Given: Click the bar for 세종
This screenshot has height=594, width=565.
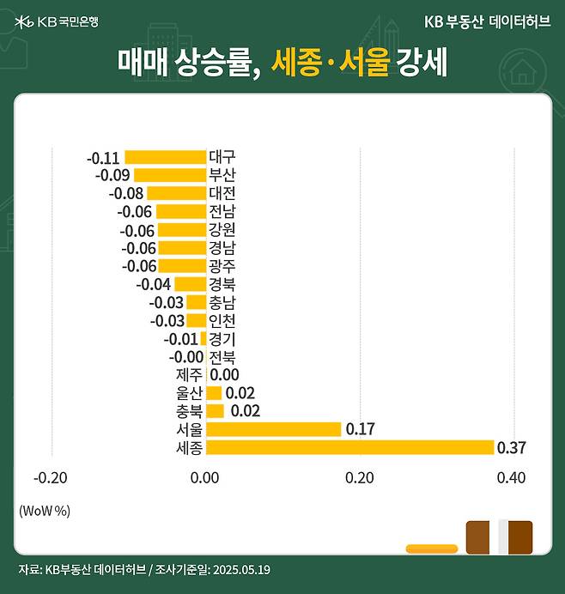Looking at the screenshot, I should click(x=350, y=447).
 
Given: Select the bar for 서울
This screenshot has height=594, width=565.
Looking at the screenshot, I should click(x=274, y=429).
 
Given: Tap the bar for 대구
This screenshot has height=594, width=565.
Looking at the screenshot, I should click(x=165, y=157).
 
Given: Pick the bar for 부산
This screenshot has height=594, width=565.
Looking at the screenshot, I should click(x=169, y=175).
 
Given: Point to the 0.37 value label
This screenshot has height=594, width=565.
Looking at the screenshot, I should click(x=512, y=447).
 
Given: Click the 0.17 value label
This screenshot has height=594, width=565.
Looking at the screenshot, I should click(x=359, y=429).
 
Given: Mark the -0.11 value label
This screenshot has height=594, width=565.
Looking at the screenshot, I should click(x=103, y=158).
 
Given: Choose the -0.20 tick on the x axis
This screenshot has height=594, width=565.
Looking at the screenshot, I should click(x=50, y=478).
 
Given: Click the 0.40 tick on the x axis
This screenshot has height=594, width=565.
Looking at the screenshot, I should click(x=511, y=478).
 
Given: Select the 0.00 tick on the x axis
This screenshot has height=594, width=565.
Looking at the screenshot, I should click(x=206, y=478).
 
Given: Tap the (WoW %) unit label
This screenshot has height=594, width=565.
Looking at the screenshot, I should click(x=45, y=510).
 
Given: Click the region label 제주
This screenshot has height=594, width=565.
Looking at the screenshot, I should click(x=189, y=375).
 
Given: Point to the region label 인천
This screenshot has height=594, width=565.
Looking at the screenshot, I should click(x=222, y=320).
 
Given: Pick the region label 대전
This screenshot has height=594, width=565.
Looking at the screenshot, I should click(x=222, y=193).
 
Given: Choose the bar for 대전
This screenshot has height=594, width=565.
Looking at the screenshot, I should click(x=177, y=193).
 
